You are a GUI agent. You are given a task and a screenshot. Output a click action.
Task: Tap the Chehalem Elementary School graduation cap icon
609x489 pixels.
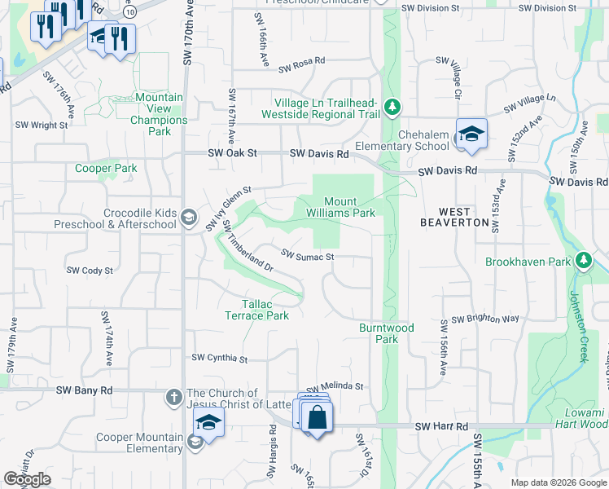coord(471,135)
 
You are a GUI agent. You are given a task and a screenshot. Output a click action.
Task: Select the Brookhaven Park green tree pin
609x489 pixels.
coord(583,261)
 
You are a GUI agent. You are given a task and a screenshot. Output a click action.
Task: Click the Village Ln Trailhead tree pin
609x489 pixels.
coord(392,107)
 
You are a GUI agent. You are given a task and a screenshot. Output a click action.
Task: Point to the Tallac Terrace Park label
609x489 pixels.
coord(256,309)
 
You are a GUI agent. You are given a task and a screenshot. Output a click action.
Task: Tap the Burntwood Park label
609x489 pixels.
coord(387,333)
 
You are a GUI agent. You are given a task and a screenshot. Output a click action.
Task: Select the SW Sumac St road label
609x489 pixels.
coord(308,256)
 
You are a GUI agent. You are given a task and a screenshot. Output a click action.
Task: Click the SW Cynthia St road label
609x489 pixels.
coord(219,358)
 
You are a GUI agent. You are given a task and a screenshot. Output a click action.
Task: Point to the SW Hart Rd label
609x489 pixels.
coord(441,426)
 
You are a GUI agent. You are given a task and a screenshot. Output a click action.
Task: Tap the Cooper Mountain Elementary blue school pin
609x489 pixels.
coord(208,424)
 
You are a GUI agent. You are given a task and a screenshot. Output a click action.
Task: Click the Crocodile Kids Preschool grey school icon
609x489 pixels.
coord(189,217)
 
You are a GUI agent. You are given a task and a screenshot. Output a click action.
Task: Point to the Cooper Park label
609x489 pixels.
coord(106,169)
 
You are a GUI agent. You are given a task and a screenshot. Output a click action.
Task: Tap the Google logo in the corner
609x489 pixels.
coord(27,479)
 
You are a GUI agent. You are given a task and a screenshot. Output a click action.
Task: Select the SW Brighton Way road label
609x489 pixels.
coord(484,319)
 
